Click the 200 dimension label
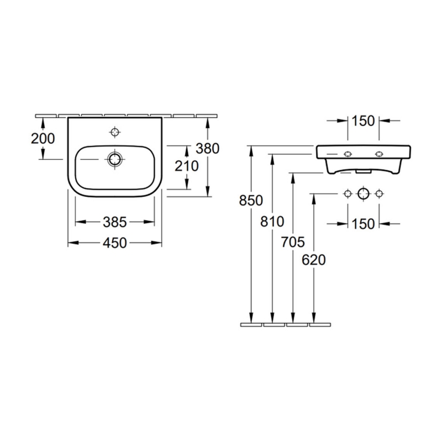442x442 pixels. click(x=43, y=138)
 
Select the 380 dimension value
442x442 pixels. click(x=208, y=148)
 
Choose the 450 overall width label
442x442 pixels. click(x=115, y=243)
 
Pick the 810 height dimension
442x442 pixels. click(x=272, y=222)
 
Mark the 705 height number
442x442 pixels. click(x=293, y=241)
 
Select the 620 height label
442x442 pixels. click(x=314, y=260)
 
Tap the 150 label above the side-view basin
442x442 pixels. click(x=363, y=120)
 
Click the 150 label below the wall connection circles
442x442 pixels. click(x=363, y=223)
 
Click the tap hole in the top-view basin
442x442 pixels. click(x=115, y=131)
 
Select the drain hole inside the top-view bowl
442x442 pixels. click(x=115, y=160)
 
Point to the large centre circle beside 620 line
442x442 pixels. click(x=363, y=193)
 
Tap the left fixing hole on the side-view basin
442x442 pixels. click(x=348, y=153)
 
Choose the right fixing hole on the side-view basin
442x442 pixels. click(x=379, y=153)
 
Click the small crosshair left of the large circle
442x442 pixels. click(x=348, y=193)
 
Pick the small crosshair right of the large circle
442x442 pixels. click(x=379, y=193)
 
